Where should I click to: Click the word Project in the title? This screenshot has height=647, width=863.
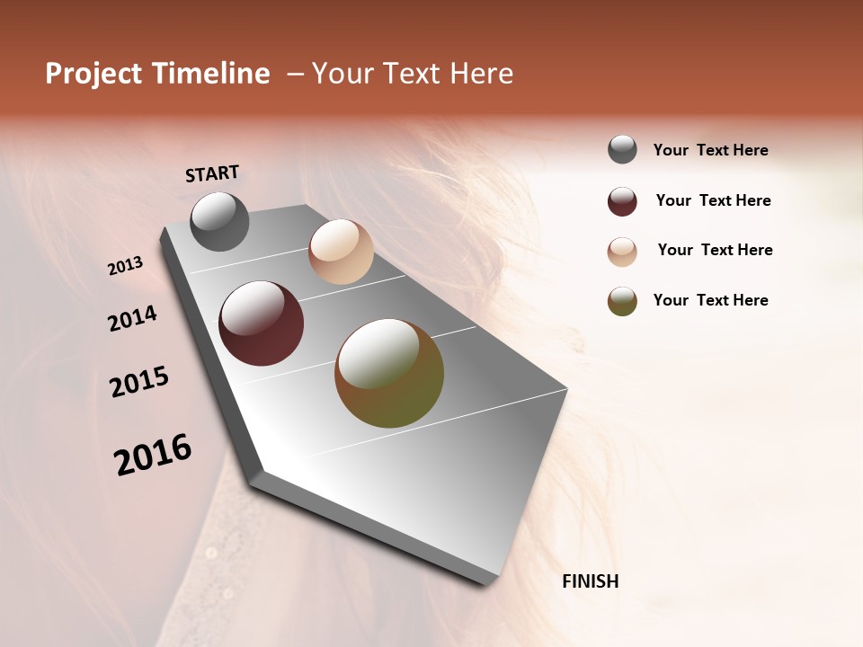(94, 74)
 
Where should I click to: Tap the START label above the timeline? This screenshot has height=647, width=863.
(212, 173)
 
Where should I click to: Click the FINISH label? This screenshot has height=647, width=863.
(591, 581)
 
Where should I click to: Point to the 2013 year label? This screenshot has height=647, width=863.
(126, 265)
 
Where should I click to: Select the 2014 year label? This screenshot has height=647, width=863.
(133, 318)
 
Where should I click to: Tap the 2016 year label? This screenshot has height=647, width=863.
(153, 455)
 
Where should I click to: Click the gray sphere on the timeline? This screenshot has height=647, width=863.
(219, 222)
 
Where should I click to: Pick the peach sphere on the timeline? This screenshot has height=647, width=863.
(341, 252)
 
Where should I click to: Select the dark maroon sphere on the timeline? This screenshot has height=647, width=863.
(261, 323)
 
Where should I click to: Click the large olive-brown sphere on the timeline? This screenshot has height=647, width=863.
(389, 373)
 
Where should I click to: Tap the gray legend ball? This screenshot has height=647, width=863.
(622, 150)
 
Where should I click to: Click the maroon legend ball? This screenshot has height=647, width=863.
(622, 201)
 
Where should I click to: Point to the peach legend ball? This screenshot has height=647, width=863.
(622, 251)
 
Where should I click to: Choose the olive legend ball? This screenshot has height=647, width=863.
(622, 301)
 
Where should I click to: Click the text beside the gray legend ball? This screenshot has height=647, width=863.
(710, 150)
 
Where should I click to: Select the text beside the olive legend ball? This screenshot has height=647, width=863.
(710, 300)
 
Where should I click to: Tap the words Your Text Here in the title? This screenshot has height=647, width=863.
(413, 74)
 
